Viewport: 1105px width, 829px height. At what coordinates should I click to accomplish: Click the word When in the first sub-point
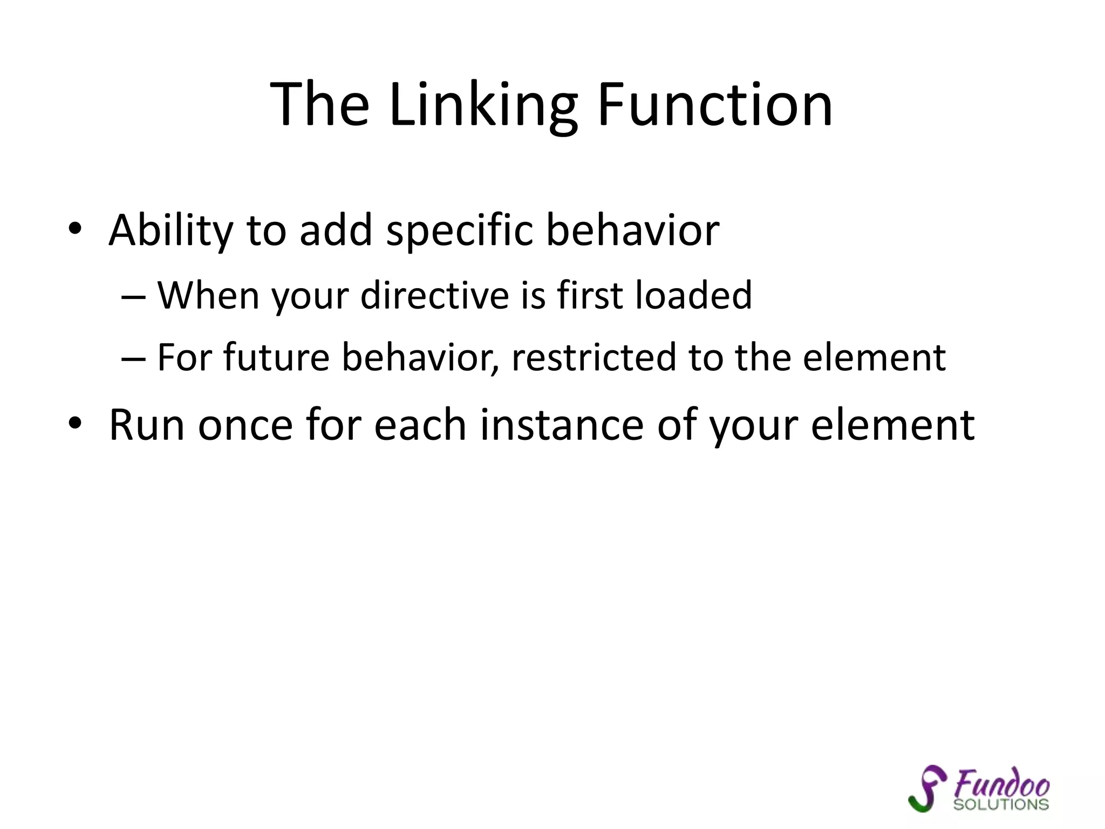point(208,296)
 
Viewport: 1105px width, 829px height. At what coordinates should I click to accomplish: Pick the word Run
point(145,425)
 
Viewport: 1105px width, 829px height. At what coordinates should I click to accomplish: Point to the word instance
point(562,425)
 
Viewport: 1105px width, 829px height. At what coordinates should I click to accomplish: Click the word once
point(245,425)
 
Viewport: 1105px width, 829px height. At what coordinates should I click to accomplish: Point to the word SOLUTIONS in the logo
point(1001,805)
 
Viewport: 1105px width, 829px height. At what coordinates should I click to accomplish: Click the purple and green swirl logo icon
point(926,789)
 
